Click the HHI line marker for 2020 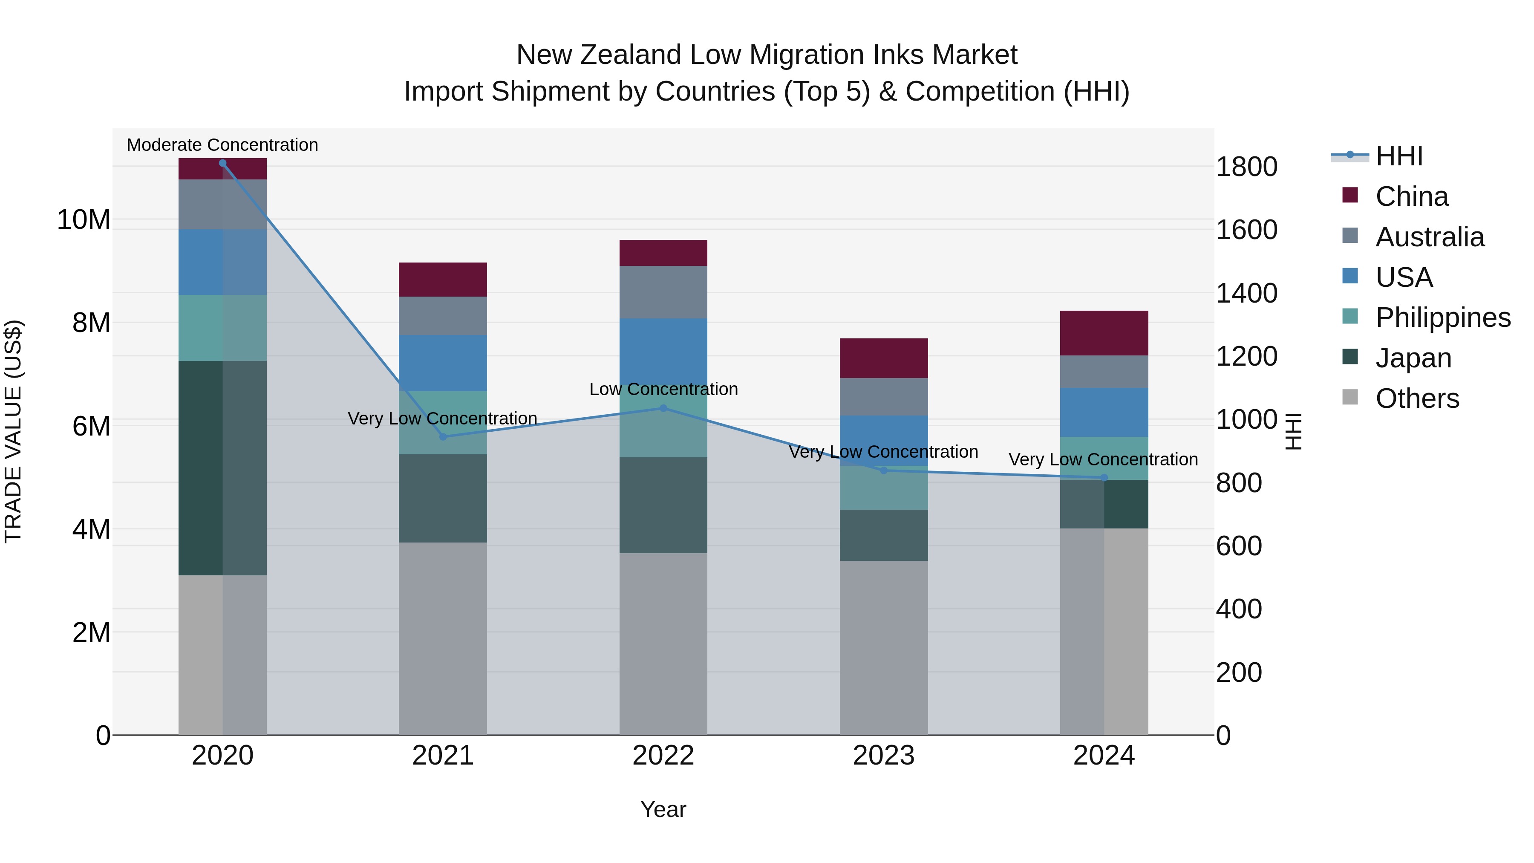(x=223, y=163)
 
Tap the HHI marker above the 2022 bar (x=663, y=409)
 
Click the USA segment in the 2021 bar (x=443, y=363)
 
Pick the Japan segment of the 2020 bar (x=223, y=468)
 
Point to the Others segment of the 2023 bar (x=884, y=647)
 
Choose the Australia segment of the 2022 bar (x=663, y=292)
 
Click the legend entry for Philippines (x=1443, y=317)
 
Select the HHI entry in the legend (x=1399, y=156)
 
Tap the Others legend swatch (x=1350, y=397)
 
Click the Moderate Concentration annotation (x=223, y=145)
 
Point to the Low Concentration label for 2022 (x=663, y=389)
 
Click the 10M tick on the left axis (x=84, y=220)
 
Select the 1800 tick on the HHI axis (x=1246, y=167)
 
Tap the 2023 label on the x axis (x=884, y=755)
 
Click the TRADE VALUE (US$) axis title (x=13, y=431)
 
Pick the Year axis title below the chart (x=663, y=809)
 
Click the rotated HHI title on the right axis (x=1293, y=431)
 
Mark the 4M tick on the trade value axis (x=91, y=529)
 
